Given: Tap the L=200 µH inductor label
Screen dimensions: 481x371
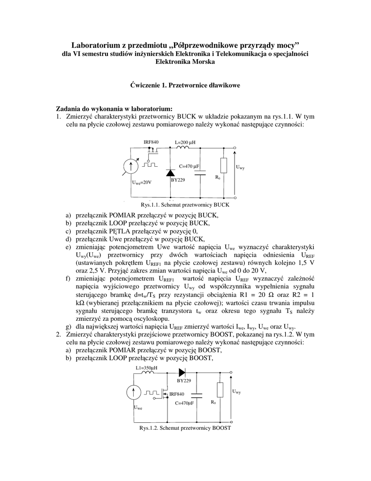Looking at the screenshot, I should click(x=185, y=142).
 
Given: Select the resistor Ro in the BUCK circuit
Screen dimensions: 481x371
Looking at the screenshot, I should click(x=223, y=165).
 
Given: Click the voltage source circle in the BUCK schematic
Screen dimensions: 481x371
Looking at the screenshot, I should click(x=131, y=165).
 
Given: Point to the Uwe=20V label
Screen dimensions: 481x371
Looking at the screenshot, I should click(x=141, y=182).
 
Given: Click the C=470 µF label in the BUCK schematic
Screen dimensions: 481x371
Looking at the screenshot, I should click(x=189, y=166).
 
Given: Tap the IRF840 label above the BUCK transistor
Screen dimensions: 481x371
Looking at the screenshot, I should click(x=151, y=142).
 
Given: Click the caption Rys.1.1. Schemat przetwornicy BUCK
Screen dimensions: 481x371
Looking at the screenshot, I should click(x=184, y=205).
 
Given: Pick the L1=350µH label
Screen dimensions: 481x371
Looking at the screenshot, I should click(x=146, y=367).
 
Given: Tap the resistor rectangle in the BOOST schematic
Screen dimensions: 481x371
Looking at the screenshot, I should click(x=220, y=390).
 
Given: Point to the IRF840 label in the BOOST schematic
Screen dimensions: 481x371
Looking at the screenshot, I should click(x=177, y=394).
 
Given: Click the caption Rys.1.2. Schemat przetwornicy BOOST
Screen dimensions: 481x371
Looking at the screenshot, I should click(x=185, y=428).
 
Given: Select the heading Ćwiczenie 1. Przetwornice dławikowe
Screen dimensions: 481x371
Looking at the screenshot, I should click(x=185, y=85).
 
